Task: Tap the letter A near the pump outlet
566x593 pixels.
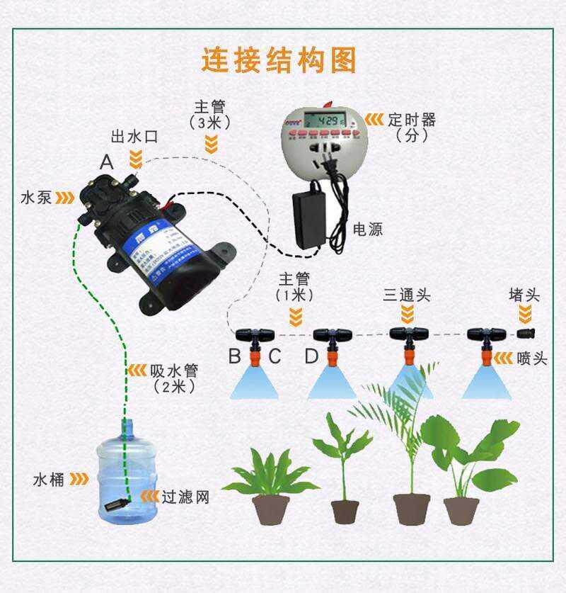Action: point(107,162)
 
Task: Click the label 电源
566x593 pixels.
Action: point(368,230)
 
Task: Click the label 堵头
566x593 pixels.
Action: point(524,294)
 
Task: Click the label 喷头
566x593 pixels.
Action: point(531,358)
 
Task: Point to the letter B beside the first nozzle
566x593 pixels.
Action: point(234,356)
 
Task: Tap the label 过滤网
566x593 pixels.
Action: point(185,497)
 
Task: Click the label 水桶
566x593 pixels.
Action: point(49,480)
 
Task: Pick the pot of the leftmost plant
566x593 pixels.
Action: point(270,509)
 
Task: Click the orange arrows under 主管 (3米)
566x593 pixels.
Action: point(210,145)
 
